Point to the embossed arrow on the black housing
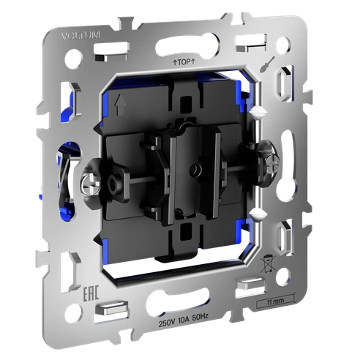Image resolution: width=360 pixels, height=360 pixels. [x=120, y=105]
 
